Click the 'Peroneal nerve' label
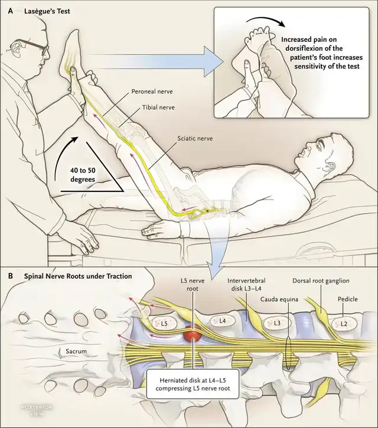(x=152, y=91)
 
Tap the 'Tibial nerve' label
(x=158, y=107)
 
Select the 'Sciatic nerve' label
(x=195, y=138)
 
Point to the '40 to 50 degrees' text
(x=83, y=175)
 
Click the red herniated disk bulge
(x=193, y=334)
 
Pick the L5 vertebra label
(x=164, y=324)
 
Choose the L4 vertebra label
(x=222, y=321)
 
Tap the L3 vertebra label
(x=277, y=323)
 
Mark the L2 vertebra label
(x=344, y=324)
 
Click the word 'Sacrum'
(x=76, y=351)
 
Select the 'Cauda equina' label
(x=279, y=299)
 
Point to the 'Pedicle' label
(x=348, y=299)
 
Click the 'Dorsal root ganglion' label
(x=321, y=280)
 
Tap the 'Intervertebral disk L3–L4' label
(x=246, y=284)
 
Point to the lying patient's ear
(x=331, y=166)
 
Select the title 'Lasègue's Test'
(x=47, y=11)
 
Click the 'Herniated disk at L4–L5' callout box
(x=193, y=384)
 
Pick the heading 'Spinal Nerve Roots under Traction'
(x=78, y=276)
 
